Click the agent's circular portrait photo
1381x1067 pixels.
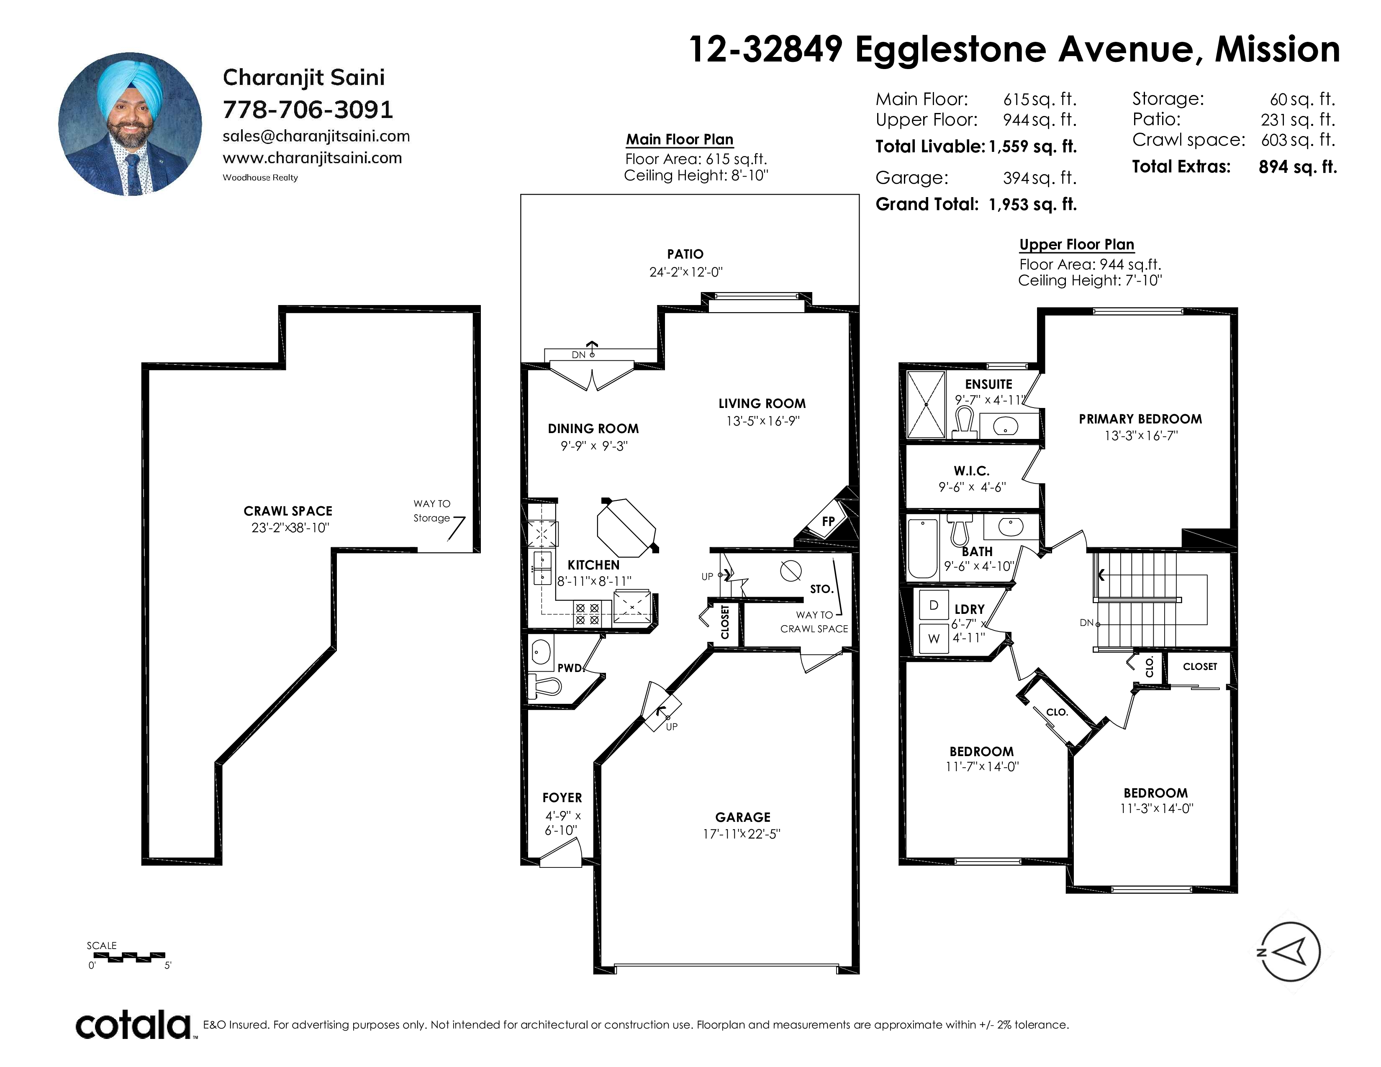coord(130,124)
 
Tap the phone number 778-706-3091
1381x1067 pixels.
coord(308,109)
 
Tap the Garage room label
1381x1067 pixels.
coord(742,817)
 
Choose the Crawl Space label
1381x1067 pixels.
coord(288,511)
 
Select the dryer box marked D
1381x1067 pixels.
coord(933,605)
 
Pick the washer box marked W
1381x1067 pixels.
coord(933,639)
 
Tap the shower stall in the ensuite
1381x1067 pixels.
coord(926,405)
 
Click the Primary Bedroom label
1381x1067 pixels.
coord(1140,419)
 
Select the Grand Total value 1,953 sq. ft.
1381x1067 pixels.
coord(1032,204)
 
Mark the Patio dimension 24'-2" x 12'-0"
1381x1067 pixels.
coord(685,272)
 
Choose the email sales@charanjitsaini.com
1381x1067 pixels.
coord(316,136)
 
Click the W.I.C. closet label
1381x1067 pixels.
coord(972,471)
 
